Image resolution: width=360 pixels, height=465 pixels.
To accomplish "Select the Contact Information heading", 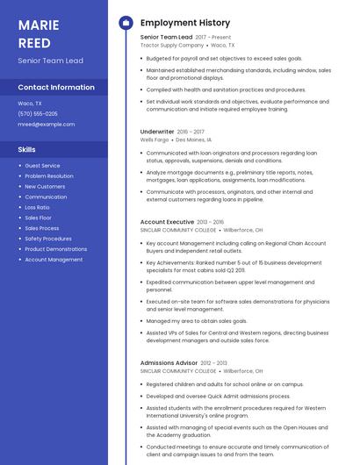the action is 56,88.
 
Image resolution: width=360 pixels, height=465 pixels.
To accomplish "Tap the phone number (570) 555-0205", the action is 38,114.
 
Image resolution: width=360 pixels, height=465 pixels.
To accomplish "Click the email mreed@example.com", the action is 47,125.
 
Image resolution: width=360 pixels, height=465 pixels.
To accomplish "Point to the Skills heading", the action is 27,150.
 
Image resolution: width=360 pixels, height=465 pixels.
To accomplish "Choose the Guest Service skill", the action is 42,166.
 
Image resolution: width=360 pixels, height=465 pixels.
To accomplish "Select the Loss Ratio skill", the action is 38,207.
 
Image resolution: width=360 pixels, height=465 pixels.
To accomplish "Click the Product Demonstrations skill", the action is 55,249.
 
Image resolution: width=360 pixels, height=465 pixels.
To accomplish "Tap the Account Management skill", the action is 54,260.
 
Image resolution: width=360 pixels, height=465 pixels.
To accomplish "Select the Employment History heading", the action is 185,23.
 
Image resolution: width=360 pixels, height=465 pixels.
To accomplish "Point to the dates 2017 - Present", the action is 213,38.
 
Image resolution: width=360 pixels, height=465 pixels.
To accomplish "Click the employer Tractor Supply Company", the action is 166,45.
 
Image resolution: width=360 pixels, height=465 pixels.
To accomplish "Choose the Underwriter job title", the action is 157,132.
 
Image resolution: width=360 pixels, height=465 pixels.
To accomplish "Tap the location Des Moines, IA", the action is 194,139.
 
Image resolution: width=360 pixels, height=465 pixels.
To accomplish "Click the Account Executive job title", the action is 167,223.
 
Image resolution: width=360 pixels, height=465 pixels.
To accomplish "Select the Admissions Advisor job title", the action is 169,362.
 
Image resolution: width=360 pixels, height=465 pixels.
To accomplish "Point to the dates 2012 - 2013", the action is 213,362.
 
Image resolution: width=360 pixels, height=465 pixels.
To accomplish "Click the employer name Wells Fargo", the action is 154,139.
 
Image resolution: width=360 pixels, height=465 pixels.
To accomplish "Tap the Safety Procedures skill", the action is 48,239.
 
